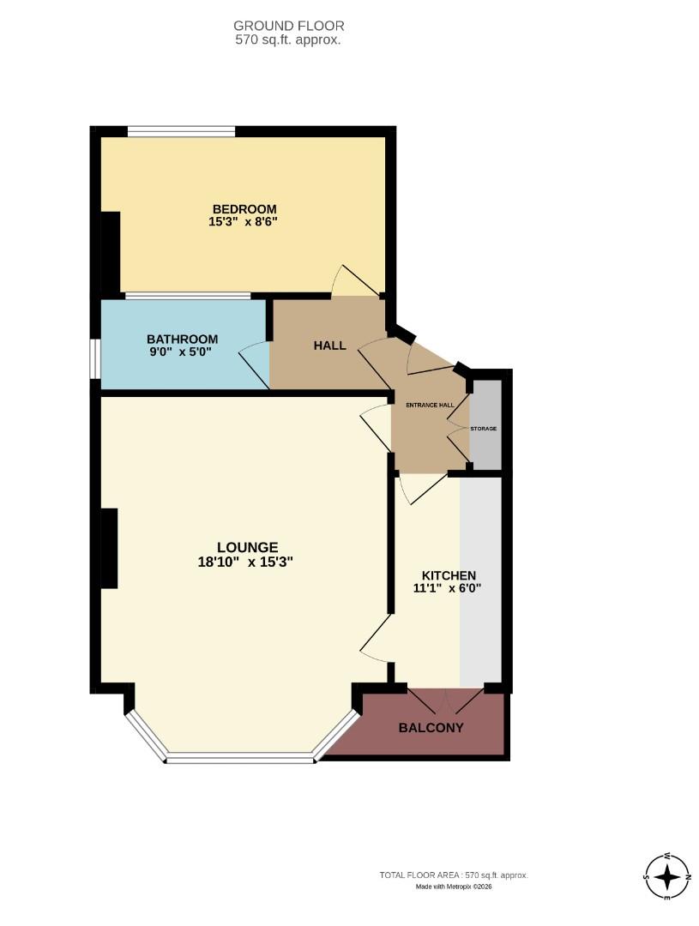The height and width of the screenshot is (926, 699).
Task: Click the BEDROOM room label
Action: pyautogui.click(x=244, y=209)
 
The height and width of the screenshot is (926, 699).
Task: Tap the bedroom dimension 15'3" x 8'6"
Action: pyautogui.click(x=244, y=221)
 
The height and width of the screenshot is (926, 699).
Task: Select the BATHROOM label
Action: pyautogui.click(x=182, y=339)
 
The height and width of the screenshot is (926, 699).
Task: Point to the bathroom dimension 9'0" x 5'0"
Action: pyautogui.click(x=182, y=351)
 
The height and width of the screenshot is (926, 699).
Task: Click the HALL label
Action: pyautogui.click(x=329, y=346)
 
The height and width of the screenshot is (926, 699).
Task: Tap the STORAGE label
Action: pyautogui.click(x=483, y=428)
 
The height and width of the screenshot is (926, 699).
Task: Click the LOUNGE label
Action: pyautogui.click(x=247, y=547)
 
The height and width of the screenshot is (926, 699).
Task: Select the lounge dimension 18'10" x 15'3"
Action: pyautogui.click(x=247, y=562)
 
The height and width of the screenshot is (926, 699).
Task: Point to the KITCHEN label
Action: pyautogui.click(x=449, y=575)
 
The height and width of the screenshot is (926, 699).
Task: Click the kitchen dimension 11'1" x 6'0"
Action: pyautogui.click(x=449, y=588)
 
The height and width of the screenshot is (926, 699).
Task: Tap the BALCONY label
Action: pyautogui.click(x=431, y=728)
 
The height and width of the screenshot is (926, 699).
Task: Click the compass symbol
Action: pyautogui.click(x=667, y=877)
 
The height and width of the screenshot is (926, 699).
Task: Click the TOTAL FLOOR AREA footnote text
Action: pyautogui.click(x=454, y=875)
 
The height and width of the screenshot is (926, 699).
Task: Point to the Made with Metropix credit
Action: pyautogui.click(x=454, y=887)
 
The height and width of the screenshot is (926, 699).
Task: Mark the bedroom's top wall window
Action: pyautogui.click(x=181, y=132)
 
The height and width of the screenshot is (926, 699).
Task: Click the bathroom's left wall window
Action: pyautogui.click(x=96, y=358)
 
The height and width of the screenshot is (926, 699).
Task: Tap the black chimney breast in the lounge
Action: pyautogui.click(x=109, y=548)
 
